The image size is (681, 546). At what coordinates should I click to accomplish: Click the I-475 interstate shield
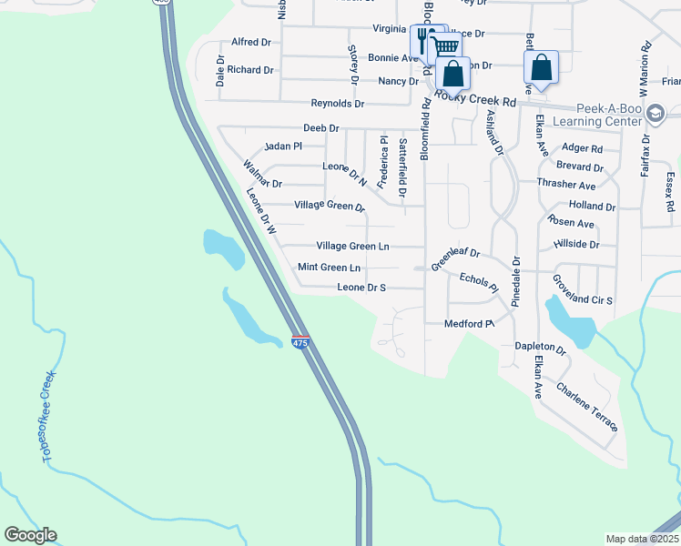tap(300, 342)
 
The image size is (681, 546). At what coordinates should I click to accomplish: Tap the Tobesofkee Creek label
tap(49, 416)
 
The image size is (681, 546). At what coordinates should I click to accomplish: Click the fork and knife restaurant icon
tap(424, 40)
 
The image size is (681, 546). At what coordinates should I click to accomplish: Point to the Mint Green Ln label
tap(329, 268)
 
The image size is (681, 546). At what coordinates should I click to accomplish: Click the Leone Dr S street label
tap(361, 288)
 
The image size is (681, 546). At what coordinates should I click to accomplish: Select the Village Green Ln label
tap(352, 246)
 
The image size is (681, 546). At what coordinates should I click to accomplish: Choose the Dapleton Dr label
tap(540, 349)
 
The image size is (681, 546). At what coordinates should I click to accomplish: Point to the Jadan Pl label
tap(282, 146)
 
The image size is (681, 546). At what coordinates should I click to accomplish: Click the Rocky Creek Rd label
tap(475, 96)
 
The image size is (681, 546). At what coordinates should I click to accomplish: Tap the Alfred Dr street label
tap(251, 42)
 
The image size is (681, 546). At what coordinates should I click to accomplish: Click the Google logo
tap(30, 535)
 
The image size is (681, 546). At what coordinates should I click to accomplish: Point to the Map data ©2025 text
tap(641, 539)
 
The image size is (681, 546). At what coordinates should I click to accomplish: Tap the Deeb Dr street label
tap(320, 128)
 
